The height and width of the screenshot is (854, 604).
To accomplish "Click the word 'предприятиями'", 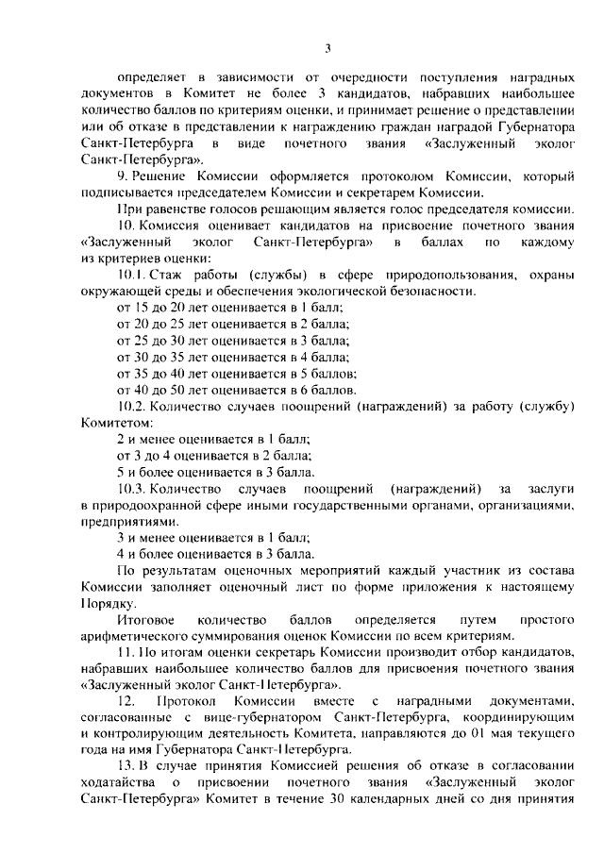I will click(124, 521).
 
